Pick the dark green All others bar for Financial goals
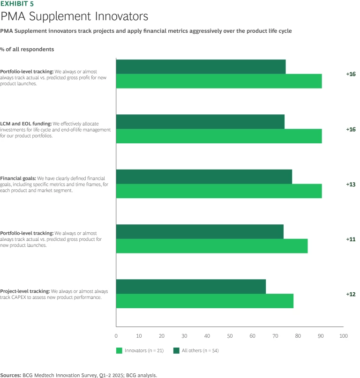tap(204, 177)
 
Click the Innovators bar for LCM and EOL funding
tap(218, 136)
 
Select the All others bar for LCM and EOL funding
tap(200, 122)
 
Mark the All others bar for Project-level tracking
tap(191, 287)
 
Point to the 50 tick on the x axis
tap(230, 336)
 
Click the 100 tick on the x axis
tap(343, 336)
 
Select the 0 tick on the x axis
tap(116, 336)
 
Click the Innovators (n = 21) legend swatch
tap(119, 350)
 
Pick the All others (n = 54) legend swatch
tap(176, 350)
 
